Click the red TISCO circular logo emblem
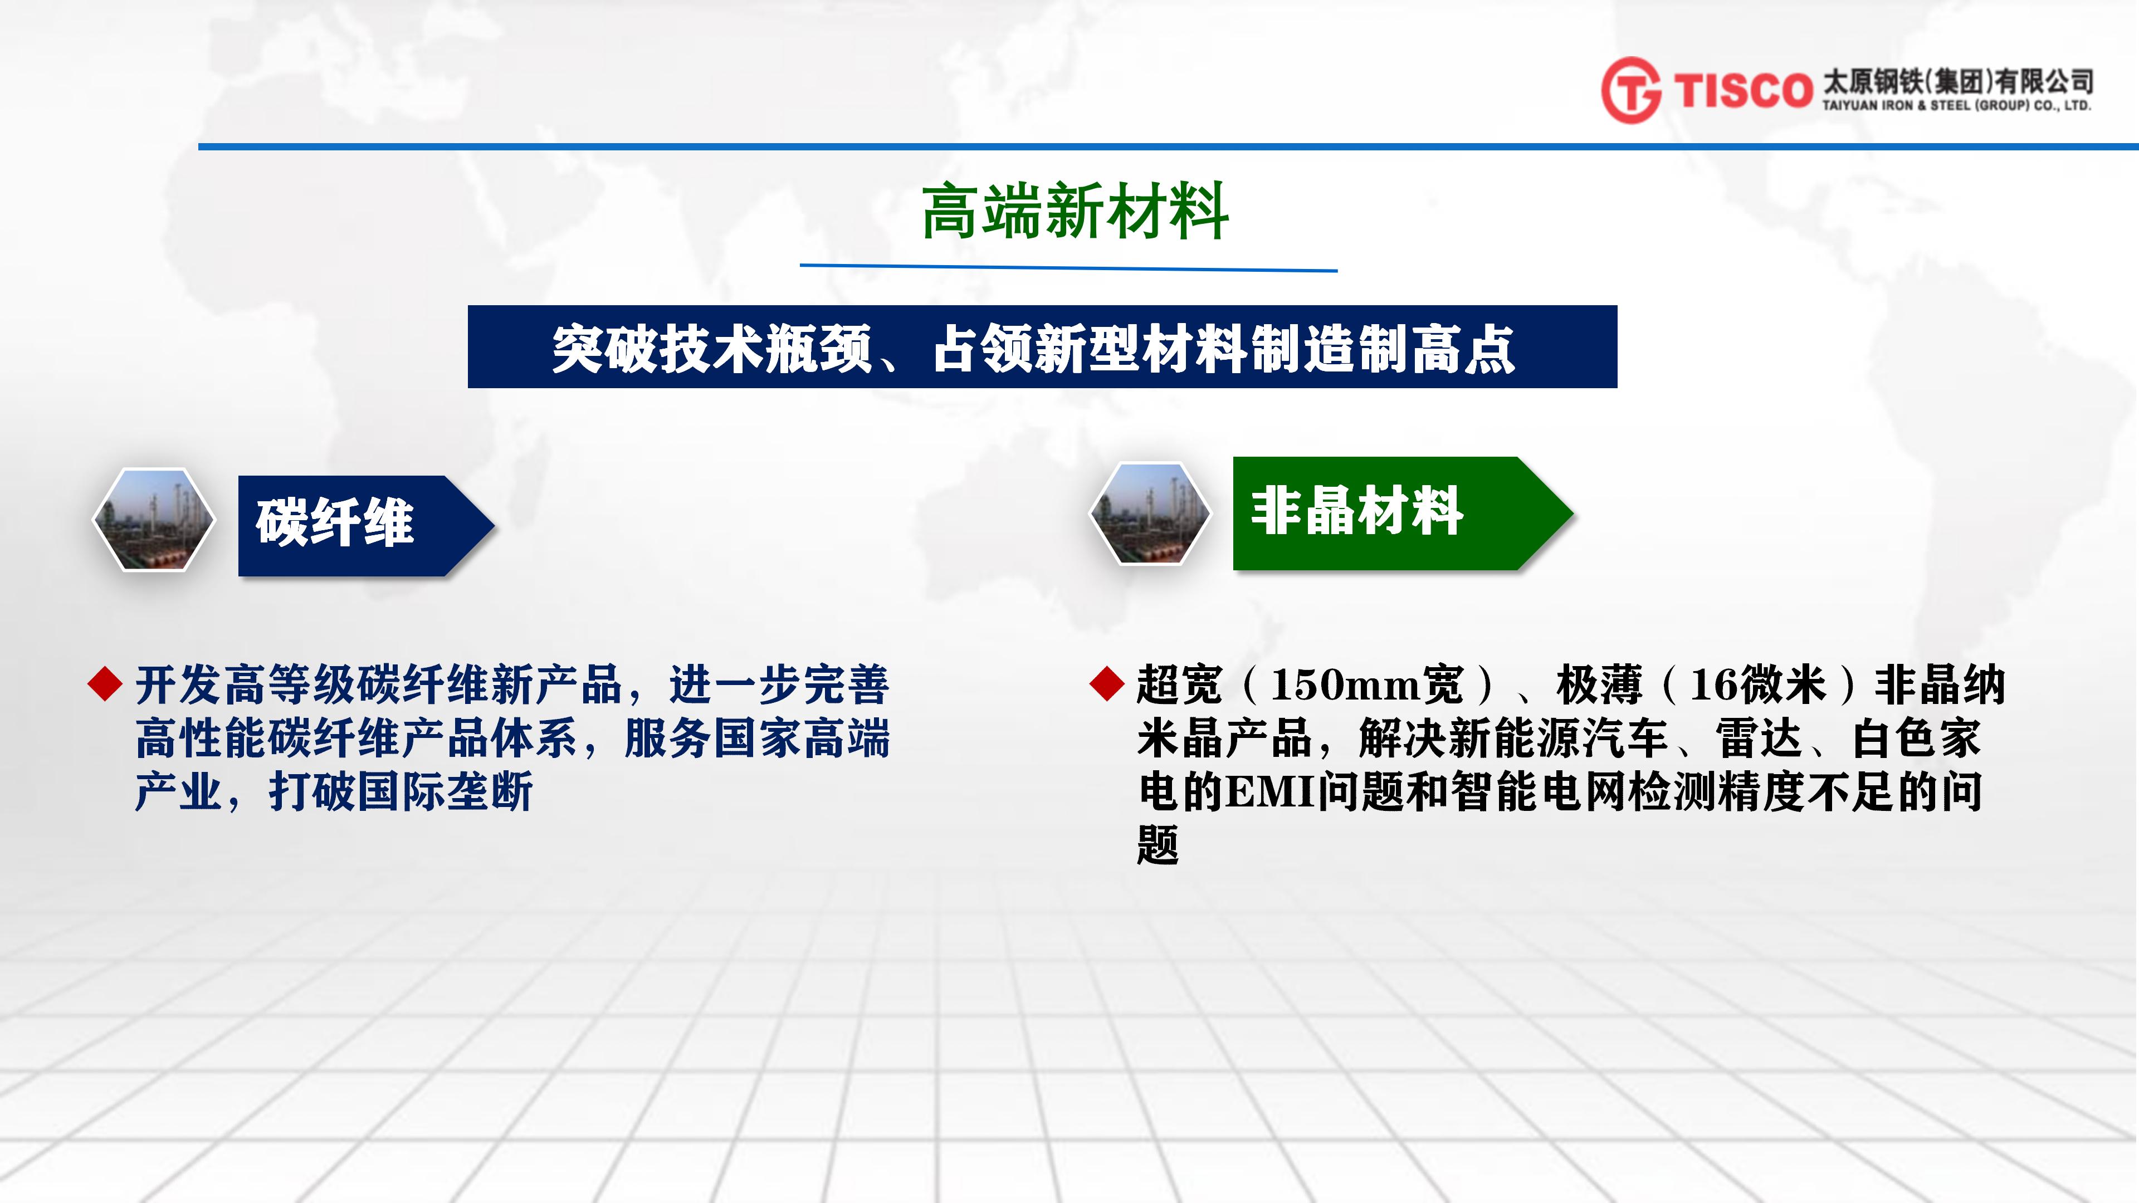pos(1631,90)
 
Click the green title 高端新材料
pos(1075,211)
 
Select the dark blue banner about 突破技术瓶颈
pos(1042,347)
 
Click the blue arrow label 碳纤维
pos(366,526)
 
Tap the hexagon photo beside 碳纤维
pos(154,520)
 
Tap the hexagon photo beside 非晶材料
pos(1150,513)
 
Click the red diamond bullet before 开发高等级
pos(105,683)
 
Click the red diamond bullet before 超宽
pos(1107,683)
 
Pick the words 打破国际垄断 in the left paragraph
pos(401,792)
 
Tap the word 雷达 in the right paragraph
pos(1759,738)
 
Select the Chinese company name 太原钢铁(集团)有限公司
pos(1957,81)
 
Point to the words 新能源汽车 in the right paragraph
pos(1557,738)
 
